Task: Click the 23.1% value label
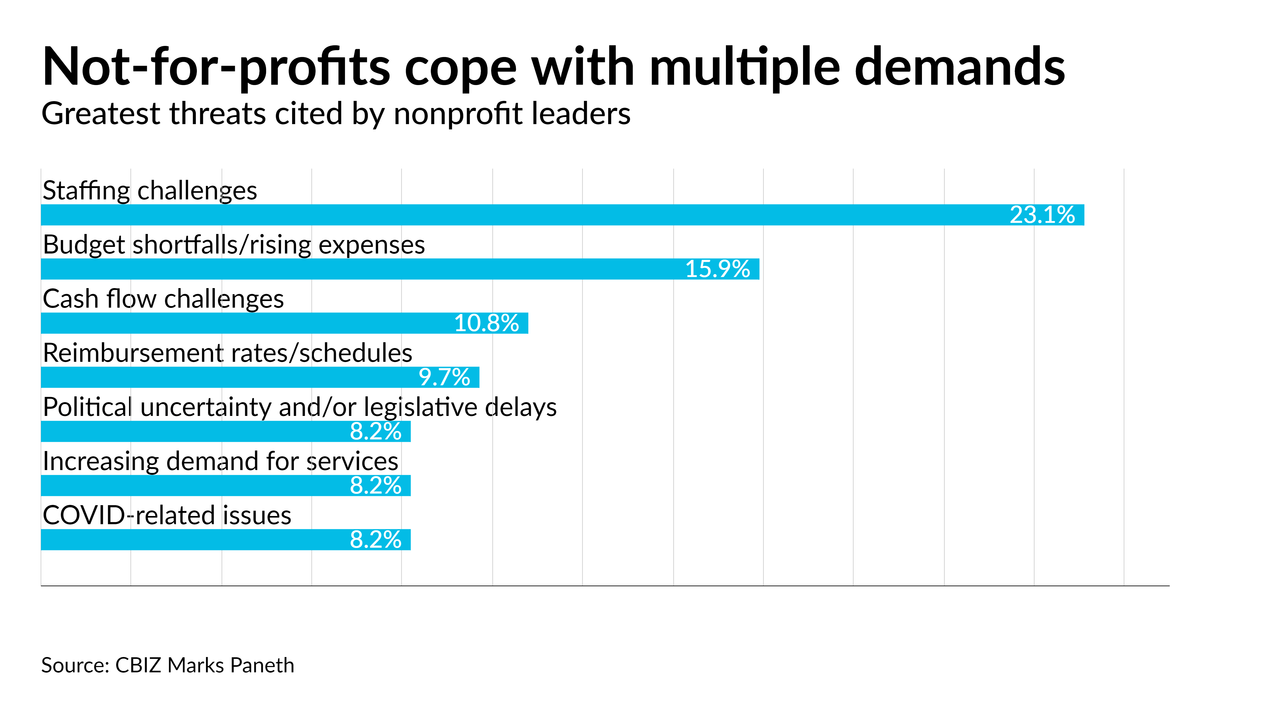click(1042, 215)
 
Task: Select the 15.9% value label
click(717, 269)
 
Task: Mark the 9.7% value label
click(444, 377)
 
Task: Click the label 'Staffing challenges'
click(150, 191)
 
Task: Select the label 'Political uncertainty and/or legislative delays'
click(299, 407)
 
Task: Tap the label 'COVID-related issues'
click(167, 516)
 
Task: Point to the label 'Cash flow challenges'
click(163, 299)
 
